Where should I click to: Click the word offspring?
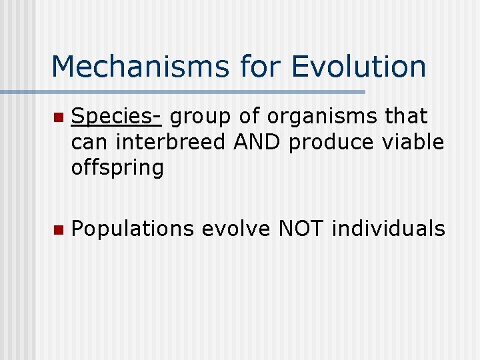point(117,168)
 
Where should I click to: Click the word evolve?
point(236,229)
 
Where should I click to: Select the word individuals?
point(388,229)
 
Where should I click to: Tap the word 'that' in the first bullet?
point(405,117)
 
